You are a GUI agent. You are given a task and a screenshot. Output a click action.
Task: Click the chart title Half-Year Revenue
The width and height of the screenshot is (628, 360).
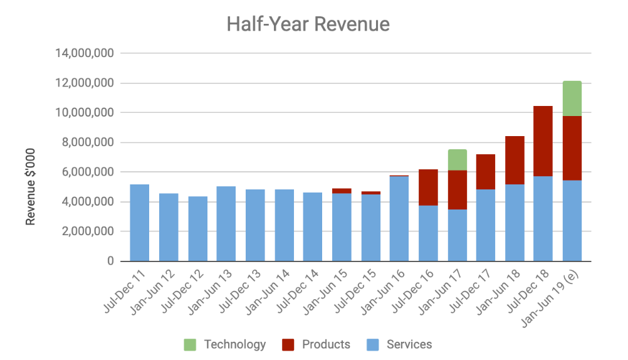click(308, 24)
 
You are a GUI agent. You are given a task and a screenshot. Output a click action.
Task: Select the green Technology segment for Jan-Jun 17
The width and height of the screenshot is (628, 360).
click(457, 159)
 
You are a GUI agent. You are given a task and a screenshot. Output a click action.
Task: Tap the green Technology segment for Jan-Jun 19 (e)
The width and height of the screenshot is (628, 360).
click(572, 98)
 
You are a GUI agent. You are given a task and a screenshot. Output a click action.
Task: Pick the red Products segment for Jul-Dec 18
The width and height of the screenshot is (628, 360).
click(543, 141)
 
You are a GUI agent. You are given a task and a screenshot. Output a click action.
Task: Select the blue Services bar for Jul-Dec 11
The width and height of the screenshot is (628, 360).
click(140, 223)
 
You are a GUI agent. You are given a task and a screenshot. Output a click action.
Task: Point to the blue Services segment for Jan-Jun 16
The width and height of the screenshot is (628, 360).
click(399, 219)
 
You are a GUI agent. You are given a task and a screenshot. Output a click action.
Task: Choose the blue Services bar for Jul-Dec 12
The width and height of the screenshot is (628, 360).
click(197, 229)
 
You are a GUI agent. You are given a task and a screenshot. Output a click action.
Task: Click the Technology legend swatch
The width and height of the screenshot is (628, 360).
click(190, 344)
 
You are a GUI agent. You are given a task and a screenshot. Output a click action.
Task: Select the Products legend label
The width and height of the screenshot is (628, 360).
click(326, 344)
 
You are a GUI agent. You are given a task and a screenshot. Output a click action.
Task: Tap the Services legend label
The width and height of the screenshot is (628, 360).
click(409, 344)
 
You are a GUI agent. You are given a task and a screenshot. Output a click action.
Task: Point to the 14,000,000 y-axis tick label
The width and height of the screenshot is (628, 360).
click(85, 53)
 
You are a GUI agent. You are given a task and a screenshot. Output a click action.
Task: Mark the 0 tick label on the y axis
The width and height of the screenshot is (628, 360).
click(110, 261)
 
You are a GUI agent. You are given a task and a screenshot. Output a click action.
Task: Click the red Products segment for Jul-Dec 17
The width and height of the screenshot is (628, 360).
click(486, 172)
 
